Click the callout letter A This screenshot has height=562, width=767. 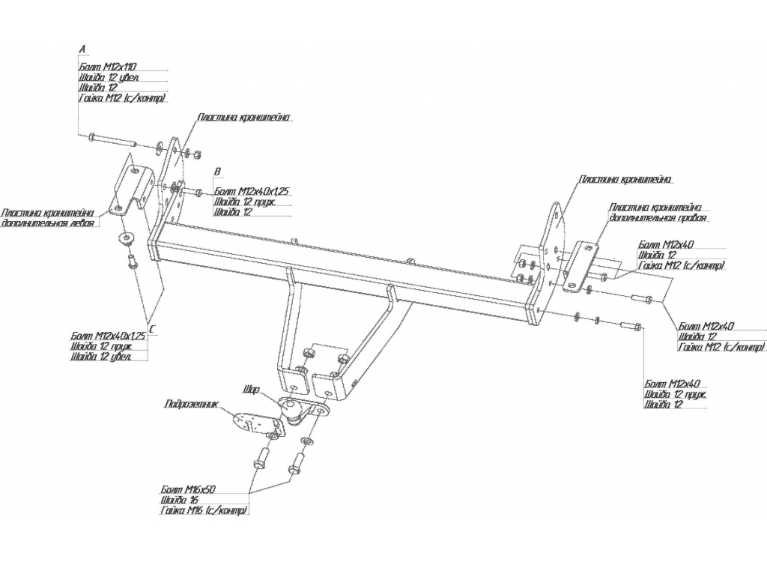pyautogui.click(x=82, y=49)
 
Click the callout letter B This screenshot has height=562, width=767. pyautogui.click(x=217, y=172)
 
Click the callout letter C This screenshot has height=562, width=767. pyautogui.click(x=152, y=328)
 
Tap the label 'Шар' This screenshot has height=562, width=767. pyautogui.click(x=251, y=390)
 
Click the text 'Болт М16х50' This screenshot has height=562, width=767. pyautogui.click(x=188, y=489)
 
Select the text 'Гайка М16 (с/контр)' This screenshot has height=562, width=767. pyautogui.click(x=203, y=511)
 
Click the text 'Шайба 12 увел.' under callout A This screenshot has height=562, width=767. pyautogui.click(x=109, y=77)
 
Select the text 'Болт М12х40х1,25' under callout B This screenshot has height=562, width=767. pyautogui.click(x=252, y=191)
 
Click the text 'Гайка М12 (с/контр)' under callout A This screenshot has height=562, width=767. pyautogui.click(x=121, y=98)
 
